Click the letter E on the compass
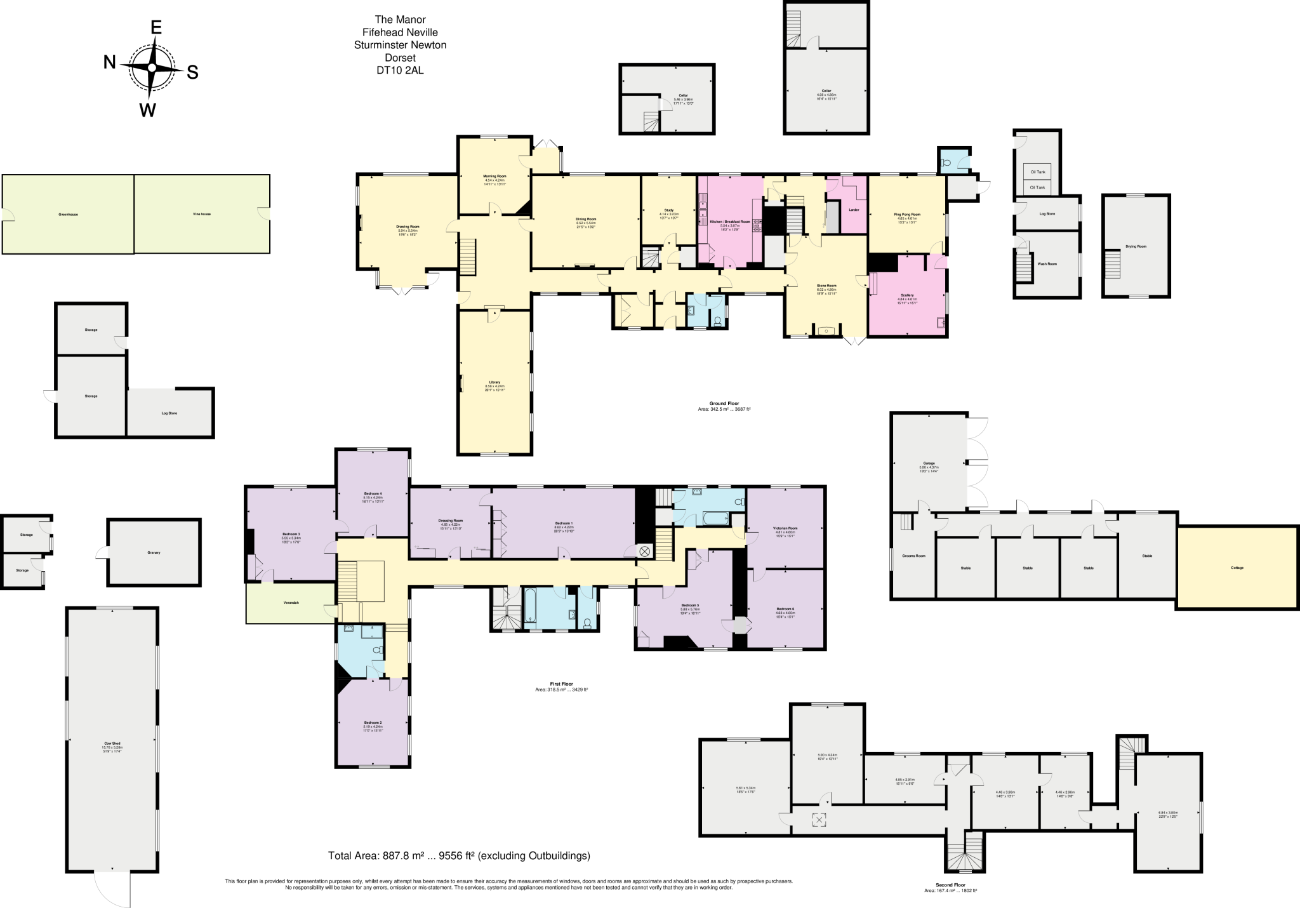point(156,27)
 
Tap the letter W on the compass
point(147,110)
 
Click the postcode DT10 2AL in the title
point(399,70)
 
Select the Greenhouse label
point(68,215)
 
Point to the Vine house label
point(201,214)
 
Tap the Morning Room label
point(494,176)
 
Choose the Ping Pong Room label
point(906,215)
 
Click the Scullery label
point(906,295)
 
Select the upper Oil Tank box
point(1036,171)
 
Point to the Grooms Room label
point(913,556)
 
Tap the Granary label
point(154,552)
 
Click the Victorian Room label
point(785,528)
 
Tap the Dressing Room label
point(450,520)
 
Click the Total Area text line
point(459,856)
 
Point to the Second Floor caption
point(950,885)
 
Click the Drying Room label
point(1136,246)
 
